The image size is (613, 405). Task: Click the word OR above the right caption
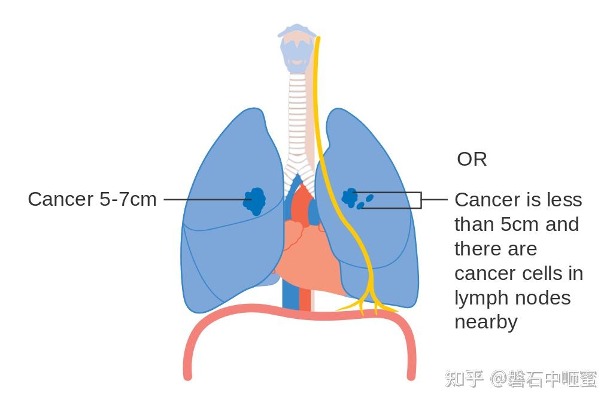pyautogui.click(x=472, y=159)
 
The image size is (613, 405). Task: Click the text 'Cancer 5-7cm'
pyautogui.click(x=92, y=199)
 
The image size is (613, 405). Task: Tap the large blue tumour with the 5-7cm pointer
pyautogui.click(x=255, y=200)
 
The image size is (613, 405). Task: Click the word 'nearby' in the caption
pyautogui.click(x=485, y=322)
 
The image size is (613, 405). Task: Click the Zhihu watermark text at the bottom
pyautogui.click(x=520, y=379)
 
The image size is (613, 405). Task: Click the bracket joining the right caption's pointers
pyautogui.click(x=420, y=200)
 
